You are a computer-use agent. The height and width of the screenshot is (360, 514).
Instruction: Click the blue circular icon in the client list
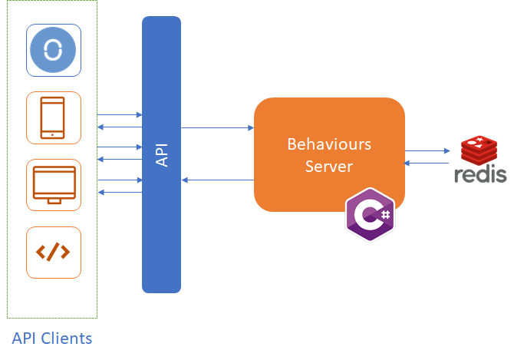click(54, 50)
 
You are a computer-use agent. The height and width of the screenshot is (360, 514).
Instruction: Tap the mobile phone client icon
click(54, 117)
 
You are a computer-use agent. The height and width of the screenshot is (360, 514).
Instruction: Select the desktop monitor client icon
click(54, 184)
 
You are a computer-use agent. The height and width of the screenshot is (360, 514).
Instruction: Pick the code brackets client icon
click(54, 252)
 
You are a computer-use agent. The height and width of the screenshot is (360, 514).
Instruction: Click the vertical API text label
click(162, 154)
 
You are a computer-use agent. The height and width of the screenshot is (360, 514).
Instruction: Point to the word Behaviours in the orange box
click(329, 144)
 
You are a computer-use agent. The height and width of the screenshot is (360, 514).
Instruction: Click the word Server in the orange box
click(329, 166)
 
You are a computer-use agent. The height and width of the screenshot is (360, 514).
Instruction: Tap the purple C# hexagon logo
click(371, 214)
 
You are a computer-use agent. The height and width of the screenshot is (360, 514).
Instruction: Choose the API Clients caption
click(52, 338)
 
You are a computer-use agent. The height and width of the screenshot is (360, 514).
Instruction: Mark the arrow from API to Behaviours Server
click(218, 127)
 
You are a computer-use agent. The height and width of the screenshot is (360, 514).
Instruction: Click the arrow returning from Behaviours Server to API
click(218, 180)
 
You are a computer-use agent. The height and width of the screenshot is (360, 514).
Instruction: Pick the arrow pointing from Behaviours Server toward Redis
click(427, 151)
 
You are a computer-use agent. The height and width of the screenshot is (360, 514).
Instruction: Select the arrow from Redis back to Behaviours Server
click(427, 163)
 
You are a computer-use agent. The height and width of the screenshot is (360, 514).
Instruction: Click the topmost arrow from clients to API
click(120, 114)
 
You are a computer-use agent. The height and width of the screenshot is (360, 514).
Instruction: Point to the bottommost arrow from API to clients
click(120, 192)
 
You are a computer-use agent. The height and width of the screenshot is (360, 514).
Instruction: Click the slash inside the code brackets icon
click(54, 252)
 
